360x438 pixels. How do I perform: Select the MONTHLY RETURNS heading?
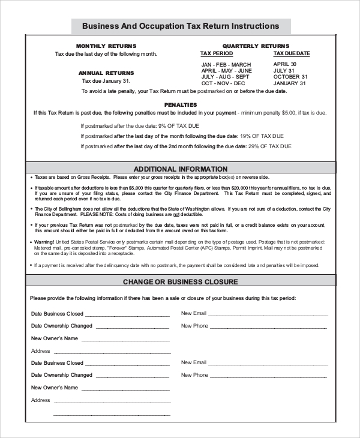point(106,46)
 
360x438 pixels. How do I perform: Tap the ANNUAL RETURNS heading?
point(106,73)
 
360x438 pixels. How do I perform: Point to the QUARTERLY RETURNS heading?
point(256,46)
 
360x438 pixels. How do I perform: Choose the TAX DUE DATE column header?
point(292,53)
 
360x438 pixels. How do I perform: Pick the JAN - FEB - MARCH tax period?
point(226,65)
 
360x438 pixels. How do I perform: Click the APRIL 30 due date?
point(285,64)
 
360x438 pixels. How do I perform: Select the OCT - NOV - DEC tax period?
point(223,83)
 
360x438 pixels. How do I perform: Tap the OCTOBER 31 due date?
point(290,77)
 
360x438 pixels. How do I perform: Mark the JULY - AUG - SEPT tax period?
point(225,77)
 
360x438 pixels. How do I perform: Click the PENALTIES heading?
point(180,104)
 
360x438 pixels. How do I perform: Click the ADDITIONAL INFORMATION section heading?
point(180,169)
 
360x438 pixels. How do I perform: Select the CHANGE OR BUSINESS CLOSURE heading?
point(180,282)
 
